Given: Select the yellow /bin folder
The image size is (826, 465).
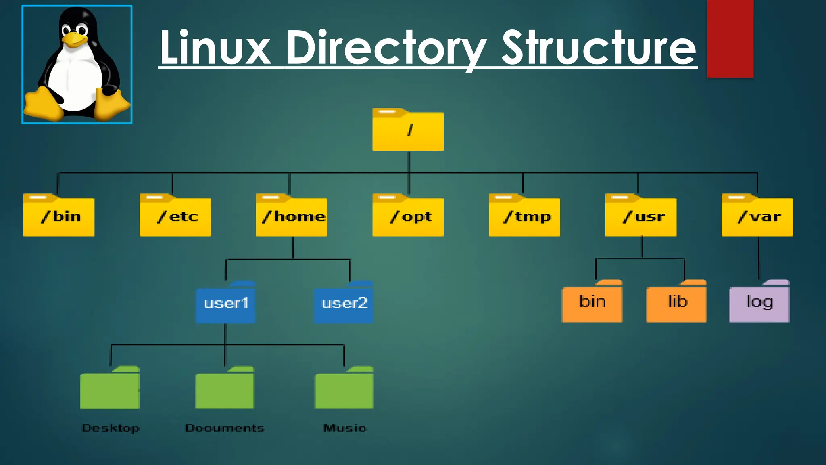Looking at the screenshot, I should (x=59, y=216).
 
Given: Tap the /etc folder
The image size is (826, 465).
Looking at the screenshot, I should (x=175, y=216).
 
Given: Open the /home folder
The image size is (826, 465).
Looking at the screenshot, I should (x=292, y=216).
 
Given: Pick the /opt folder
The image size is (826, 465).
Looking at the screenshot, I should (x=408, y=216).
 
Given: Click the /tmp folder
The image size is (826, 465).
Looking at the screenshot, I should (x=524, y=216).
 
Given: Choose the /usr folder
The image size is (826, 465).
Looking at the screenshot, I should (x=640, y=216).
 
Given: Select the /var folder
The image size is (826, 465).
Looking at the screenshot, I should (x=757, y=216).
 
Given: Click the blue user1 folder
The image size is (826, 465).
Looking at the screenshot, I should (x=225, y=303).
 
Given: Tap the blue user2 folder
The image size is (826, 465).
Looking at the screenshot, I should (x=344, y=303).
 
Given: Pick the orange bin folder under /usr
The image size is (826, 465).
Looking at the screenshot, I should (x=592, y=302).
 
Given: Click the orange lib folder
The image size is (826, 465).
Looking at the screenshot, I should (x=676, y=302).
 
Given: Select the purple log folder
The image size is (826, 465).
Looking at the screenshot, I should (x=759, y=302).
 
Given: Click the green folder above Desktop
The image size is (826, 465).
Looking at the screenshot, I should (x=110, y=389).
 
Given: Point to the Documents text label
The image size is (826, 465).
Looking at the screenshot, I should (x=225, y=428).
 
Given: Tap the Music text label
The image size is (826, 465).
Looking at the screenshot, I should (x=345, y=428).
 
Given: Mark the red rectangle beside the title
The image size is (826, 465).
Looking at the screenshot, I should (x=730, y=38).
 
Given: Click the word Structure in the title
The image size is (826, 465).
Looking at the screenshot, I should (x=599, y=48).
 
